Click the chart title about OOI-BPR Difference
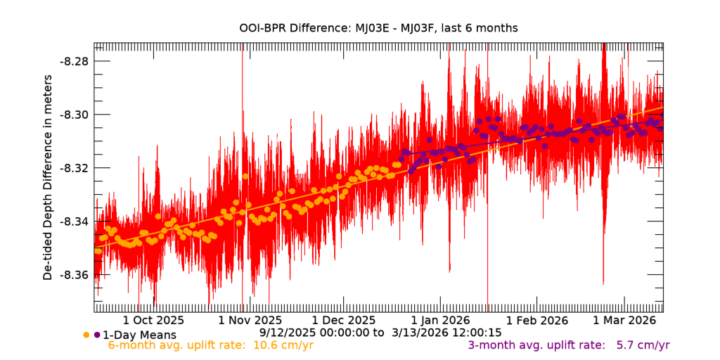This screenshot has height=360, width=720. [378, 28]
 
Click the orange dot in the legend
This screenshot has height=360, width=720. [86, 335]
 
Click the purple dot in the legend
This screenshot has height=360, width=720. [96, 335]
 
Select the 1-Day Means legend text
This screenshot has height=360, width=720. [139, 335]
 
